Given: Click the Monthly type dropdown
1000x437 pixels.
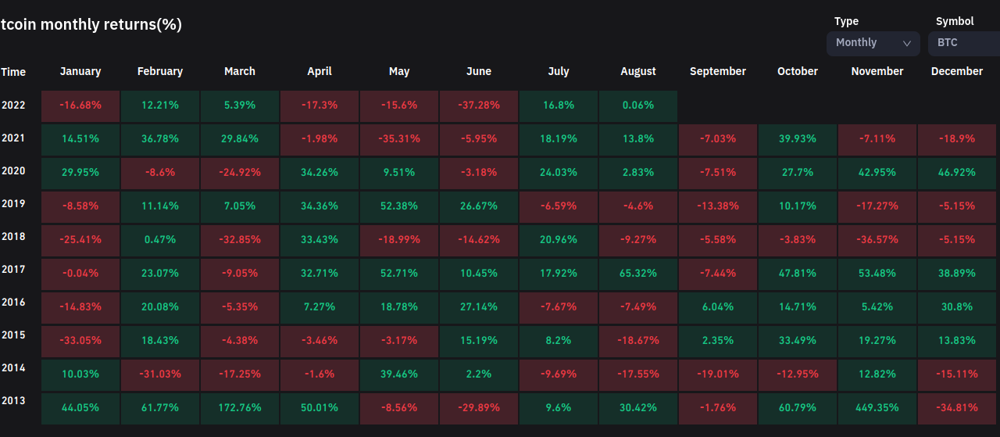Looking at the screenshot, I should click(873, 43).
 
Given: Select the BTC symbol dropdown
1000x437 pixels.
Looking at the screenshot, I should click(963, 43).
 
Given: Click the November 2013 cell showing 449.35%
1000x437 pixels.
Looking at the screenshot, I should click(877, 407).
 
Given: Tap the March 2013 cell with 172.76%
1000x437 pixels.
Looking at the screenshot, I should click(239, 407).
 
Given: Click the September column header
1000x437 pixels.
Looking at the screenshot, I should click(717, 71).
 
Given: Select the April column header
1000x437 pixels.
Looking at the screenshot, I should click(319, 71).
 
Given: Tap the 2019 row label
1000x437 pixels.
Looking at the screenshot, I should click(13, 204).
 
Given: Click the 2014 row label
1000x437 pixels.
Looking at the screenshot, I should click(13, 367).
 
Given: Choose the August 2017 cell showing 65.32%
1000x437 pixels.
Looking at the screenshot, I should click(637, 274).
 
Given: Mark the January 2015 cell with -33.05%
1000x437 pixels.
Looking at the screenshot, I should click(80, 342).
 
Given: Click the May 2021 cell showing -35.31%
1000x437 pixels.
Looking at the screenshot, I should click(398, 139).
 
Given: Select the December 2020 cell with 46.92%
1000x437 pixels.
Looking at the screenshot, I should click(956, 172).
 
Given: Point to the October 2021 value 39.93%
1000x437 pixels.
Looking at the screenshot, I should click(797, 139).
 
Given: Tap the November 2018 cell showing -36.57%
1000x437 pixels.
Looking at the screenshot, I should click(877, 239).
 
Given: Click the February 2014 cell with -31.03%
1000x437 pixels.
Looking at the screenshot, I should click(159, 374).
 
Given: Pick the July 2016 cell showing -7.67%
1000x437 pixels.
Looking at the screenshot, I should click(558, 307).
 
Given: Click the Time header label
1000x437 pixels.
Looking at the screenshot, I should click(13, 72).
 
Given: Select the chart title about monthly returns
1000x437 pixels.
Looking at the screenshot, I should click(91, 24).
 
